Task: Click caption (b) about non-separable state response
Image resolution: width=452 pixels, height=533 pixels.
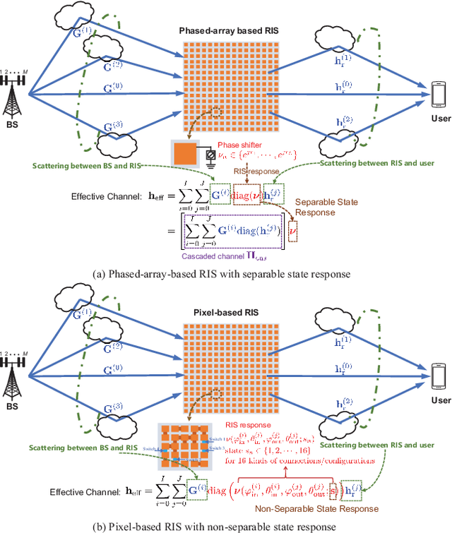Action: tap(226, 525)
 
